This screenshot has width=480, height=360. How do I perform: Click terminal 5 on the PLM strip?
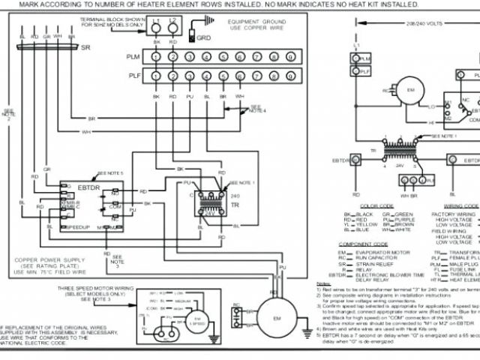click(x=223, y=57)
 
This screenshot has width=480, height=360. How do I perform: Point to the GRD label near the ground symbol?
click(x=203, y=35)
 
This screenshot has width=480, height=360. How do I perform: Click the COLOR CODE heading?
click(x=376, y=205)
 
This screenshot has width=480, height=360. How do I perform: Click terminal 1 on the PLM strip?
click(x=157, y=57)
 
